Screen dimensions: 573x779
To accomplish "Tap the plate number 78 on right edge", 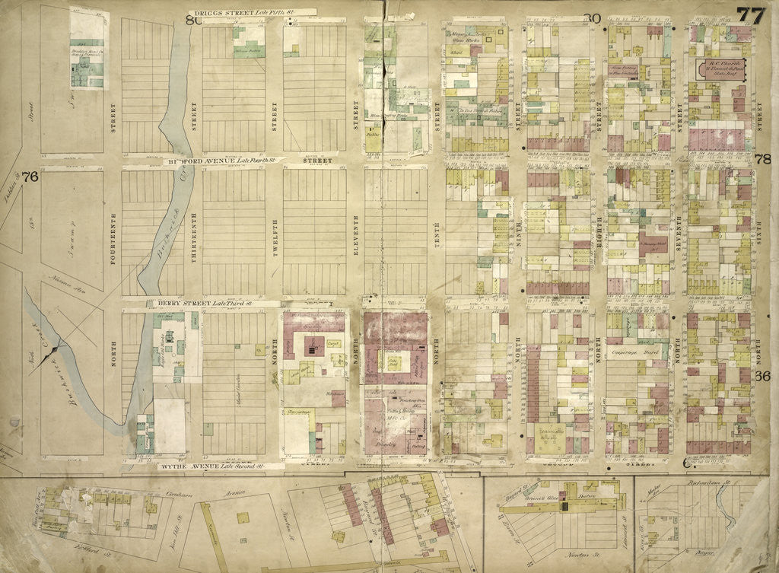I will point(764,159).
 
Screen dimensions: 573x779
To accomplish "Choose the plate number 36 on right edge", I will point(764,376).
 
